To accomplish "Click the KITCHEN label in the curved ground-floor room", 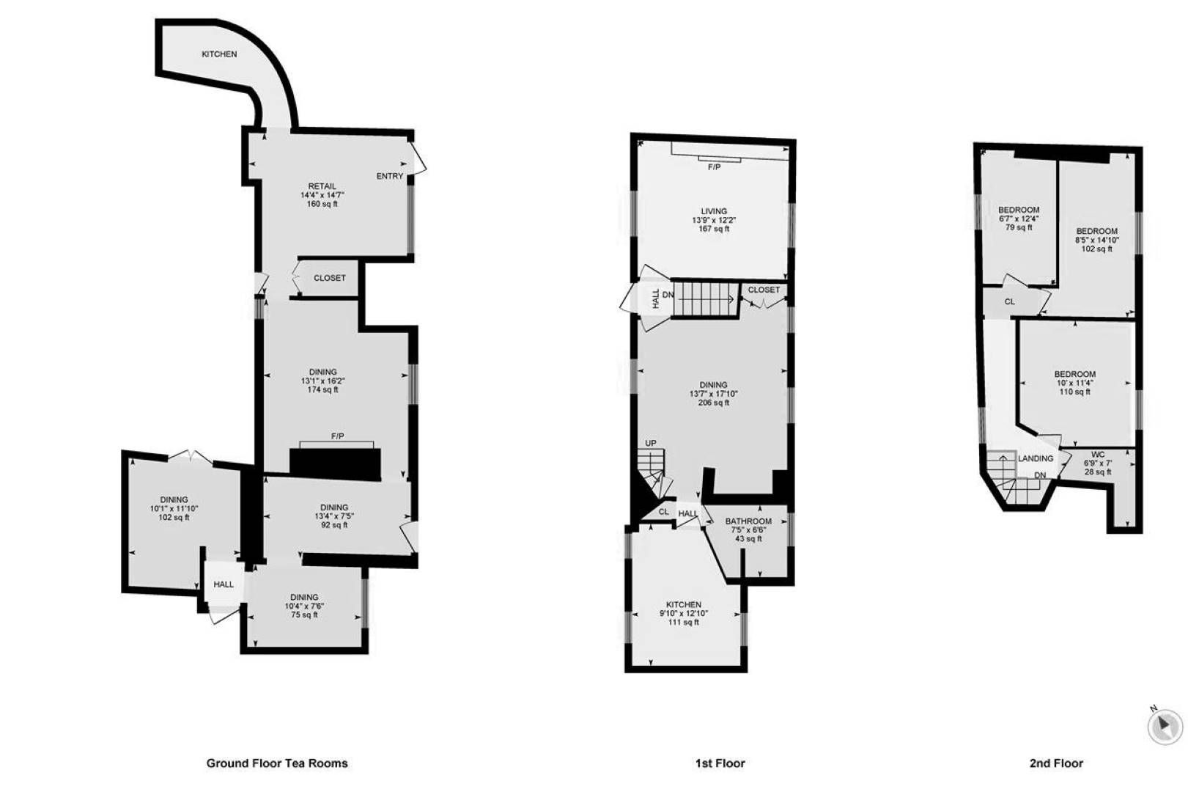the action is (x=219, y=54).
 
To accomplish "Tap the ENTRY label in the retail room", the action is (x=390, y=176).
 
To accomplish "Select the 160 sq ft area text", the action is (x=322, y=204).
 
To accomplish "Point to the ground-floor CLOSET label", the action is (x=329, y=278).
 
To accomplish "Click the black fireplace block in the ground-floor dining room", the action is (x=335, y=463).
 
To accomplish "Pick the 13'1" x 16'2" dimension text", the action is (x=322, y=381).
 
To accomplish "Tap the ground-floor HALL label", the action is (x=224, y=584).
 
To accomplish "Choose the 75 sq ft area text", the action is (x=304, y=615).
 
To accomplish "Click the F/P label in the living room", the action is (x=715, y=167).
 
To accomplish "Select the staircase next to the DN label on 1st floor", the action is (x=706, y=299).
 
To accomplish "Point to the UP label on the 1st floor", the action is (x=651, y=443).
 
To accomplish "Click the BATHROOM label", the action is (x=748, y=521).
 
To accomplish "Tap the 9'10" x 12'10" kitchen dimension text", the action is (x=684, y=613).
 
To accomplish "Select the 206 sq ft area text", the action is (x=713, y=403).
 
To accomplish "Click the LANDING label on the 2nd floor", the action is (x=1036, y=458).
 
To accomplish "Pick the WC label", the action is (x=1097, y=455).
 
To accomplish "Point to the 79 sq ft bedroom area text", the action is (x=1019, y=227).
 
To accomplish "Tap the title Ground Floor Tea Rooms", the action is (x=277, y=763).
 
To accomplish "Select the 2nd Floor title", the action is (x=1056, y=763).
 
